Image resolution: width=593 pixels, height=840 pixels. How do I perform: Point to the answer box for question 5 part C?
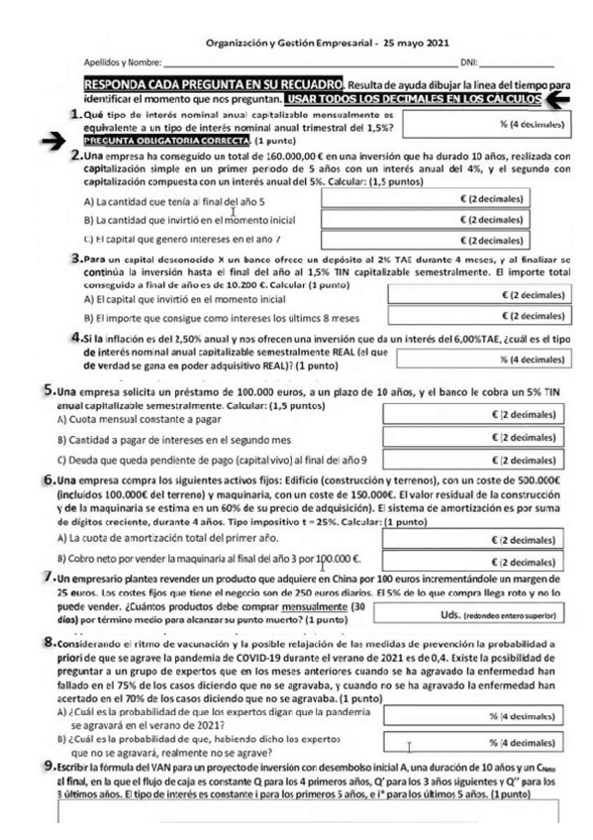coord(475,461)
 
